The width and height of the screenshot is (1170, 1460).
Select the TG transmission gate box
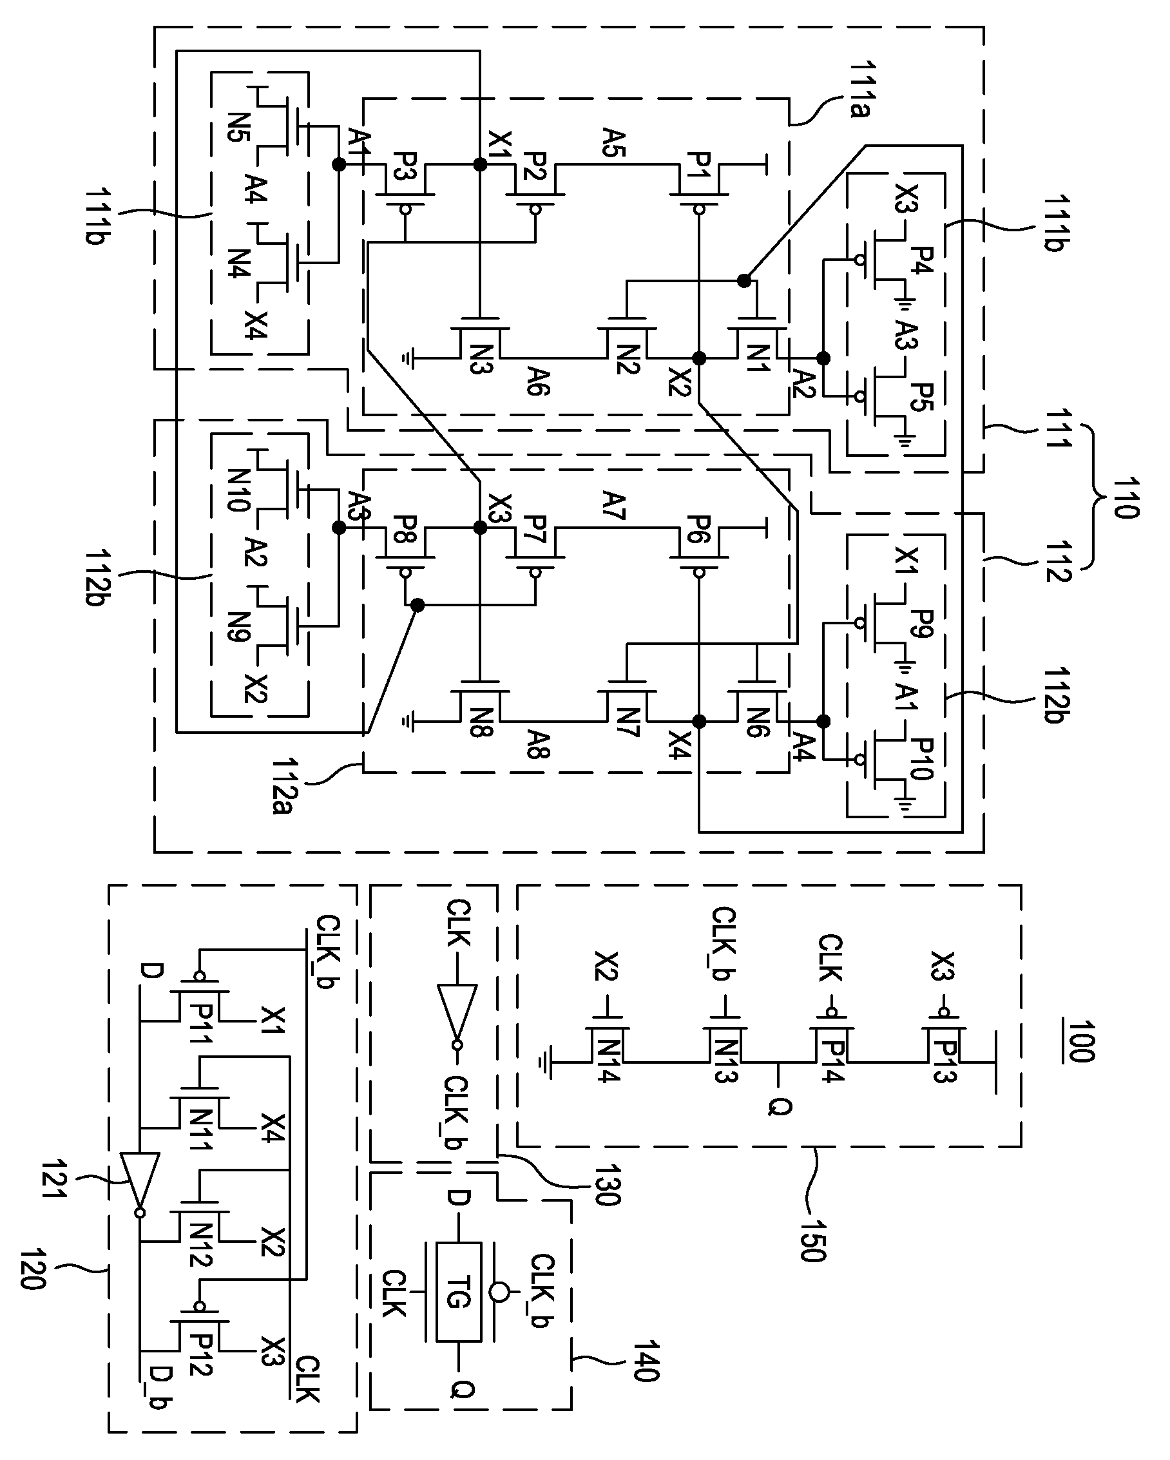tap(458, 1291)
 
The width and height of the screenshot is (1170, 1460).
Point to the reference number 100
tap(1080, 1041)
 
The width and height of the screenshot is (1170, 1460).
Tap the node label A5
tap(614, 143)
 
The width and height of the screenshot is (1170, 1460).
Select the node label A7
tap(614, 505)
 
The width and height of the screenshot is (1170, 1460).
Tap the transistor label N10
tap(239, 489)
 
